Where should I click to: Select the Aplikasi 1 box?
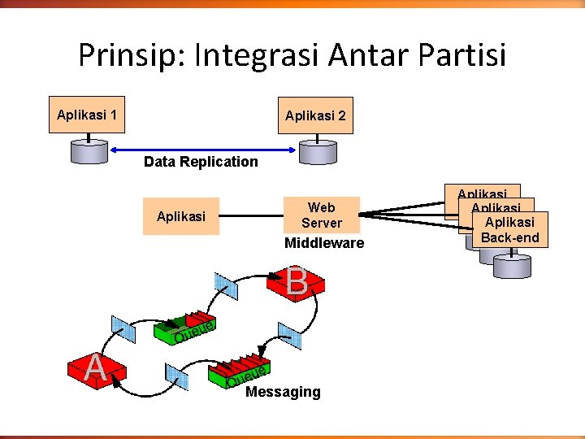point(86,115)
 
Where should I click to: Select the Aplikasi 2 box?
point(315,115)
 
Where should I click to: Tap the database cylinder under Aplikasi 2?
point(317,151)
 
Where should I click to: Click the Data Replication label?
point(201,161)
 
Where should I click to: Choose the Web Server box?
point(321,215)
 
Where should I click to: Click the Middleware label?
point(324,243)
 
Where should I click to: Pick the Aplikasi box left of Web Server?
point(180,216)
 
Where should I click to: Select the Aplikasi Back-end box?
point(509,229)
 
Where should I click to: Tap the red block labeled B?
point(296,283)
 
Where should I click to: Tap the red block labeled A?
point(97,370)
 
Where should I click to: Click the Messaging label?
point(283,392)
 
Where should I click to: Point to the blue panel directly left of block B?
point(226,285)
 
